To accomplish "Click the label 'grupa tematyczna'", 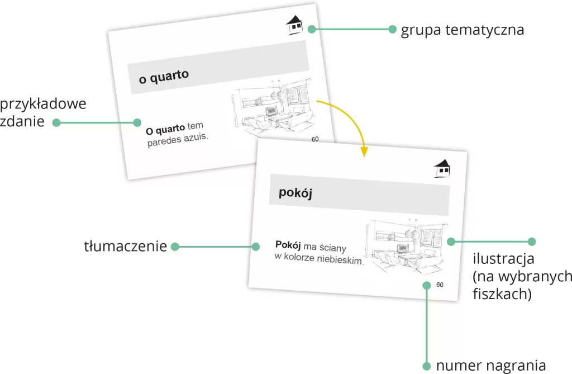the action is click(x=462, y=30).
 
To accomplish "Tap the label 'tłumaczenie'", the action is click(x=126, y=246).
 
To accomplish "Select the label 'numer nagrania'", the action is click(x=491, y=366).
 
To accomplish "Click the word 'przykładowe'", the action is click(x=43, y=105).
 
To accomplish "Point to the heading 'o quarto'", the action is click(x=164, y=77).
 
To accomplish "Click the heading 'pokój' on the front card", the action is click(x=295, y=192).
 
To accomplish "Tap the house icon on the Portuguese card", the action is click(x=294, y=25).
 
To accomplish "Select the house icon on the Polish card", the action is click(x=442, y=168).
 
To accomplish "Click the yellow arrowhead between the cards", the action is click(x=364, y=151).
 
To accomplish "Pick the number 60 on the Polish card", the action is click(x=440, y=285).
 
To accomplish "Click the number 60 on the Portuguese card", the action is click(x=315, y=139).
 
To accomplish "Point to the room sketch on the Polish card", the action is click(x=406, y=245).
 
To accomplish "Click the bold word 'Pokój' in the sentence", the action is click(x=288, y=244).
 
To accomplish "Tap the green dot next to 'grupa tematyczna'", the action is click(x=392, y=29).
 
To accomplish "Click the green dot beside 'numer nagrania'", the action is click(x=426, y=366).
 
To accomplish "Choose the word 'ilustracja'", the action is click(x=503, y=258).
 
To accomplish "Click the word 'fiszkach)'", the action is click(x=502, y=293).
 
